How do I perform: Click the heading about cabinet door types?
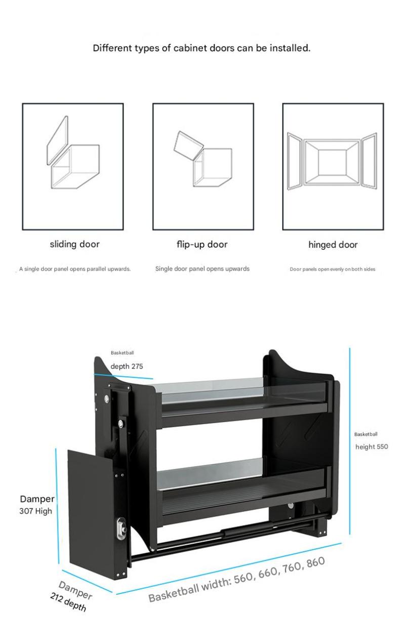click(201, 48)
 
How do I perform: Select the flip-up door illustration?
click(203, 159)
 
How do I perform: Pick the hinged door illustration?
click(332, 161)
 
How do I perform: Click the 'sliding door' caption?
click(74, 244)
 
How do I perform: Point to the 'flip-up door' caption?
click(202, 244)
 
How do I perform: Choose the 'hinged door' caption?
click(333, 245)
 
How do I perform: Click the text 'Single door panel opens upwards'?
click(202, 269)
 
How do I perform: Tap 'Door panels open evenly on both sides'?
click(332, 269)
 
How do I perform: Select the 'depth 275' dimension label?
click(127, 366)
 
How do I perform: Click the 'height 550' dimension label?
click(372, 446)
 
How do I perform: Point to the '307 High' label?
click(35, 511)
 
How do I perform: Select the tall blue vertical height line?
click(350, 441)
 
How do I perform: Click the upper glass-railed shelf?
click(243, 402)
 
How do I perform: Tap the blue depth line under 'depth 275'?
click(124, 376)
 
